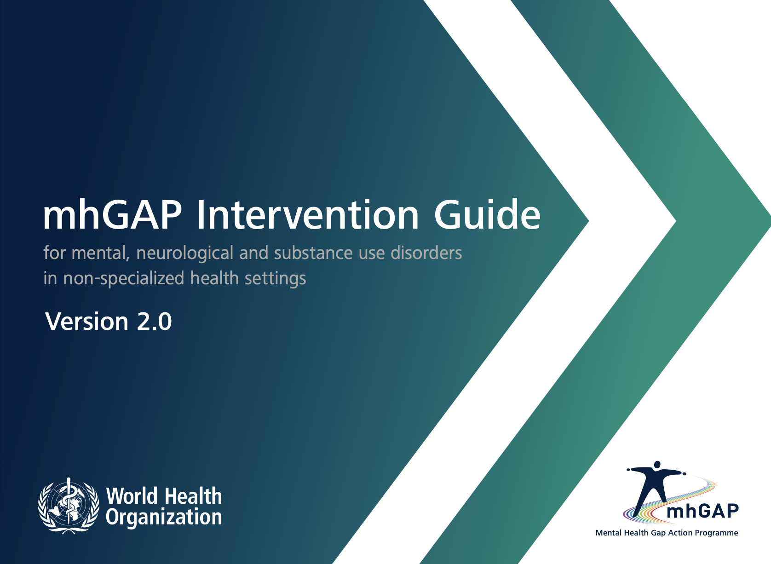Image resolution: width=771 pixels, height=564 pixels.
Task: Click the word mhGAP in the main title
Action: point(112,215)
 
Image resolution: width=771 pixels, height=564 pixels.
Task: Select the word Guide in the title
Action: point(487,214)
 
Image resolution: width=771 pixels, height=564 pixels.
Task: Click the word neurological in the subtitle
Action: point(185,254)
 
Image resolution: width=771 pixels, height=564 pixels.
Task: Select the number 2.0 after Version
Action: point(154,322)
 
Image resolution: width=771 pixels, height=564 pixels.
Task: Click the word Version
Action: point(87,322)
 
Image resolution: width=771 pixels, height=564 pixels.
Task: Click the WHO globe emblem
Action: point(69,506)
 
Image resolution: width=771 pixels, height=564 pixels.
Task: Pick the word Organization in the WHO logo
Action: point(164,518)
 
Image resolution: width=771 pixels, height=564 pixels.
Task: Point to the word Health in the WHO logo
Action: point(193,496)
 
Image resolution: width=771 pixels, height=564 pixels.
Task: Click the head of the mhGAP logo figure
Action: point(657,465)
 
